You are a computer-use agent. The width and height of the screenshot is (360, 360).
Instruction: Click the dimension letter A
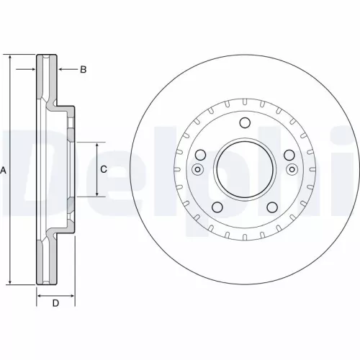(4, 170)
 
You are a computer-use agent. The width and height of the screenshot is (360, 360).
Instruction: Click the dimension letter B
(83, 70)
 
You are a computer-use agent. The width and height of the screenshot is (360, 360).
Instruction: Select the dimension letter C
(103, 169)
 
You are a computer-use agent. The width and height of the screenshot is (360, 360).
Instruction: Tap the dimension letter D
(55, 303)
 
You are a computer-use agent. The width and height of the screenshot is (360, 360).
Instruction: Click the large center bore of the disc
(244, 170)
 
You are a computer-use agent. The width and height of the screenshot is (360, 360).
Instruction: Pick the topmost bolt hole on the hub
(244, 122)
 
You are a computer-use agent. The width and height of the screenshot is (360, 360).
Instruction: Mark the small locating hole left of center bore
(197, 170)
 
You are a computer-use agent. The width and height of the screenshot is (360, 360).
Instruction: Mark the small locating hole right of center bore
(292, 170)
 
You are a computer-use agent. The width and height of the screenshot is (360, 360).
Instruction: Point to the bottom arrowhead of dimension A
(11, 282)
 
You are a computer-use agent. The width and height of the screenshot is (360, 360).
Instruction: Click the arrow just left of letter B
(63, 70)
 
